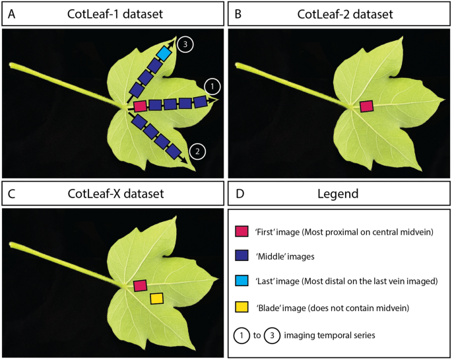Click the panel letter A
point(11,13)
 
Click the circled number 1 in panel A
point(212,87)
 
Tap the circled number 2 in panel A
point(196,151)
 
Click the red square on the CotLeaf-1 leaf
point(140,106)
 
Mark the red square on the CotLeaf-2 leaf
point(367,106)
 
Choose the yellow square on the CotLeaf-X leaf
point(156,299)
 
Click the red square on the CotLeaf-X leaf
point(139,285)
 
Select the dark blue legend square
point(242,257)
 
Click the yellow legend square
point(242,308)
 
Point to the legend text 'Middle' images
point(290,257)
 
